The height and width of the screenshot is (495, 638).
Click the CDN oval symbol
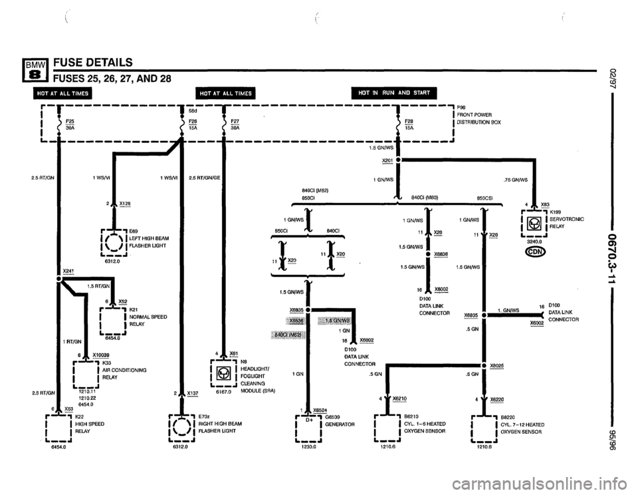[536, 252]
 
